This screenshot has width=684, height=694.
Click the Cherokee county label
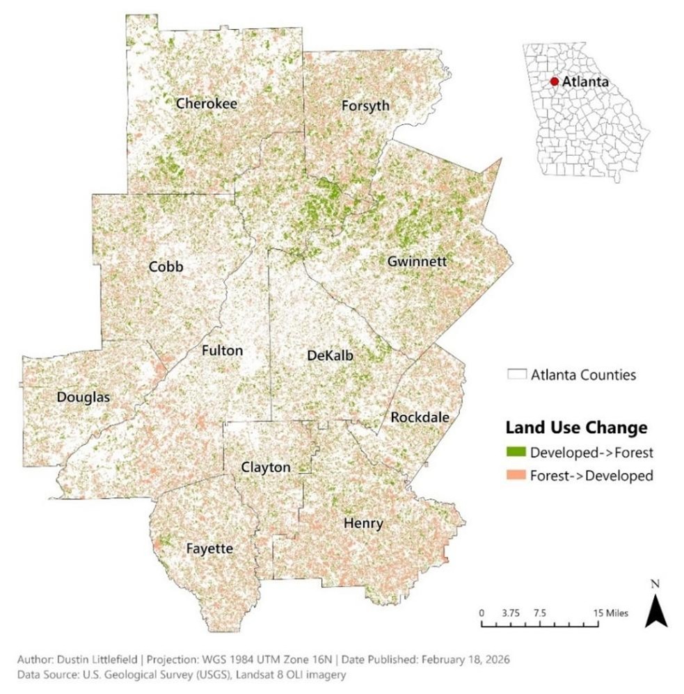pos(207,104)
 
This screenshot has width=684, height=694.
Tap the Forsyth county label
pos(365,106)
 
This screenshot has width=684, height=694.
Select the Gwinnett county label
pos(416,262)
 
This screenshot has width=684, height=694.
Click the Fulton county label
pos(222,350)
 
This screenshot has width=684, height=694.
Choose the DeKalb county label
pos(330,356)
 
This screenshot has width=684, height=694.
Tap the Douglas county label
pos(83,398)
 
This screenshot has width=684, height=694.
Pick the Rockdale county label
pos(420,417)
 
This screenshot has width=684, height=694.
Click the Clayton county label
pos(265,467)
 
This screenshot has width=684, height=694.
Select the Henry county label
pos(363,524)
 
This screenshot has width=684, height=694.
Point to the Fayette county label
pos(209,549)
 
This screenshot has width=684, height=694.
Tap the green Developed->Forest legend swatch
pos(516,453)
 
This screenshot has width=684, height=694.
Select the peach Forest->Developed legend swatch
pos(516,476)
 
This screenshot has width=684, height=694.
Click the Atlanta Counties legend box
pos(516,375)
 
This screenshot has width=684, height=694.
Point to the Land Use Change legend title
pos(576,426)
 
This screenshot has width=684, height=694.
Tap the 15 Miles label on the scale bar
pos(611,613)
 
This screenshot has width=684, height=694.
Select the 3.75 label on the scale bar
pos(511,613)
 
